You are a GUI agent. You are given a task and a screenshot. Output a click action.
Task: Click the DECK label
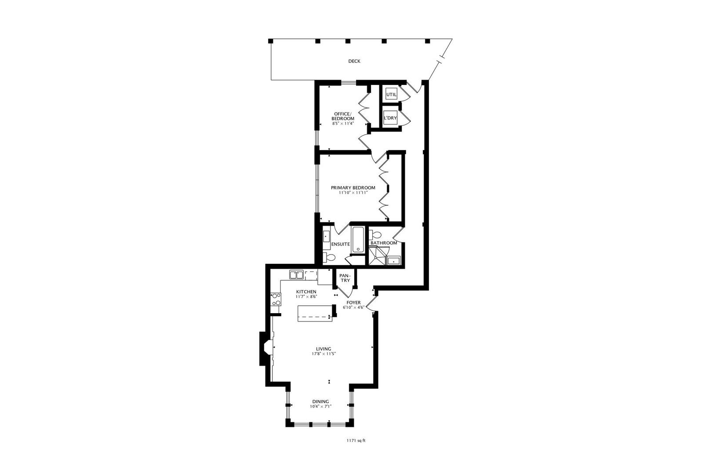pyautogui.click(x=354, y=61)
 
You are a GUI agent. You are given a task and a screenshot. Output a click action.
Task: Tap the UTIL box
pyautogui.click(x=391, y=95)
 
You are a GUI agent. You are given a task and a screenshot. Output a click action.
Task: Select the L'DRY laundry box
pyautogui.click(x=390, y=118)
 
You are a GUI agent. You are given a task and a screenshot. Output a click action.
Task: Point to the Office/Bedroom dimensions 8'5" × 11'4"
pyautogui.click(x=343, y=124)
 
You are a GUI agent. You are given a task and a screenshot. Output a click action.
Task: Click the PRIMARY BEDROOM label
pyautogui.click(x=353, y=188)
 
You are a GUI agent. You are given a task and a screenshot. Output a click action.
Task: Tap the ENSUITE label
pyautogui.click(x=341, y=245)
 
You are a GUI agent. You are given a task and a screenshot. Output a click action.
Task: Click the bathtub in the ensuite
pyautogui.click(x=358, y=240)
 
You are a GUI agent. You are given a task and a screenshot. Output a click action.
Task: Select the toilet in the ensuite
pyautogui.click(x=329, y=257)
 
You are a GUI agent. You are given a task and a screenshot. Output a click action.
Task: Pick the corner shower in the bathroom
pyautogui.click(x=377, y=256)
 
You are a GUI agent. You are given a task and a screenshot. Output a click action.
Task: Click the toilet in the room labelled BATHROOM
pyautogui.click(x=375, y=235)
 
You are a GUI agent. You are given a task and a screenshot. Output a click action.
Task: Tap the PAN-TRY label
pyautogui.click(x=345, y=278)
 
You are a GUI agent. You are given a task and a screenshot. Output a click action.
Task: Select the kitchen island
pyautogui.click(x=315, y=314)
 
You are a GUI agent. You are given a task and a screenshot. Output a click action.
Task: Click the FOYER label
pyautogui.click(x=353, y=303)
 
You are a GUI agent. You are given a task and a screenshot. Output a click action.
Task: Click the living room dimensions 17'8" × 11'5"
pyautogui.click(x=323, y=354)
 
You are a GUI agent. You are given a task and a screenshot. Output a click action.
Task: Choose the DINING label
pyautogui.click(x=320, y=402)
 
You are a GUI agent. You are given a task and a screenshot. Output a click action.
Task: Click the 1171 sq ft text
pyautogui.click(x=356, y=441)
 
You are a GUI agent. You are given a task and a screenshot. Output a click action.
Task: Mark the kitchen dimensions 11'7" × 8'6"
pyautogui.click(x=306, y=296)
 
